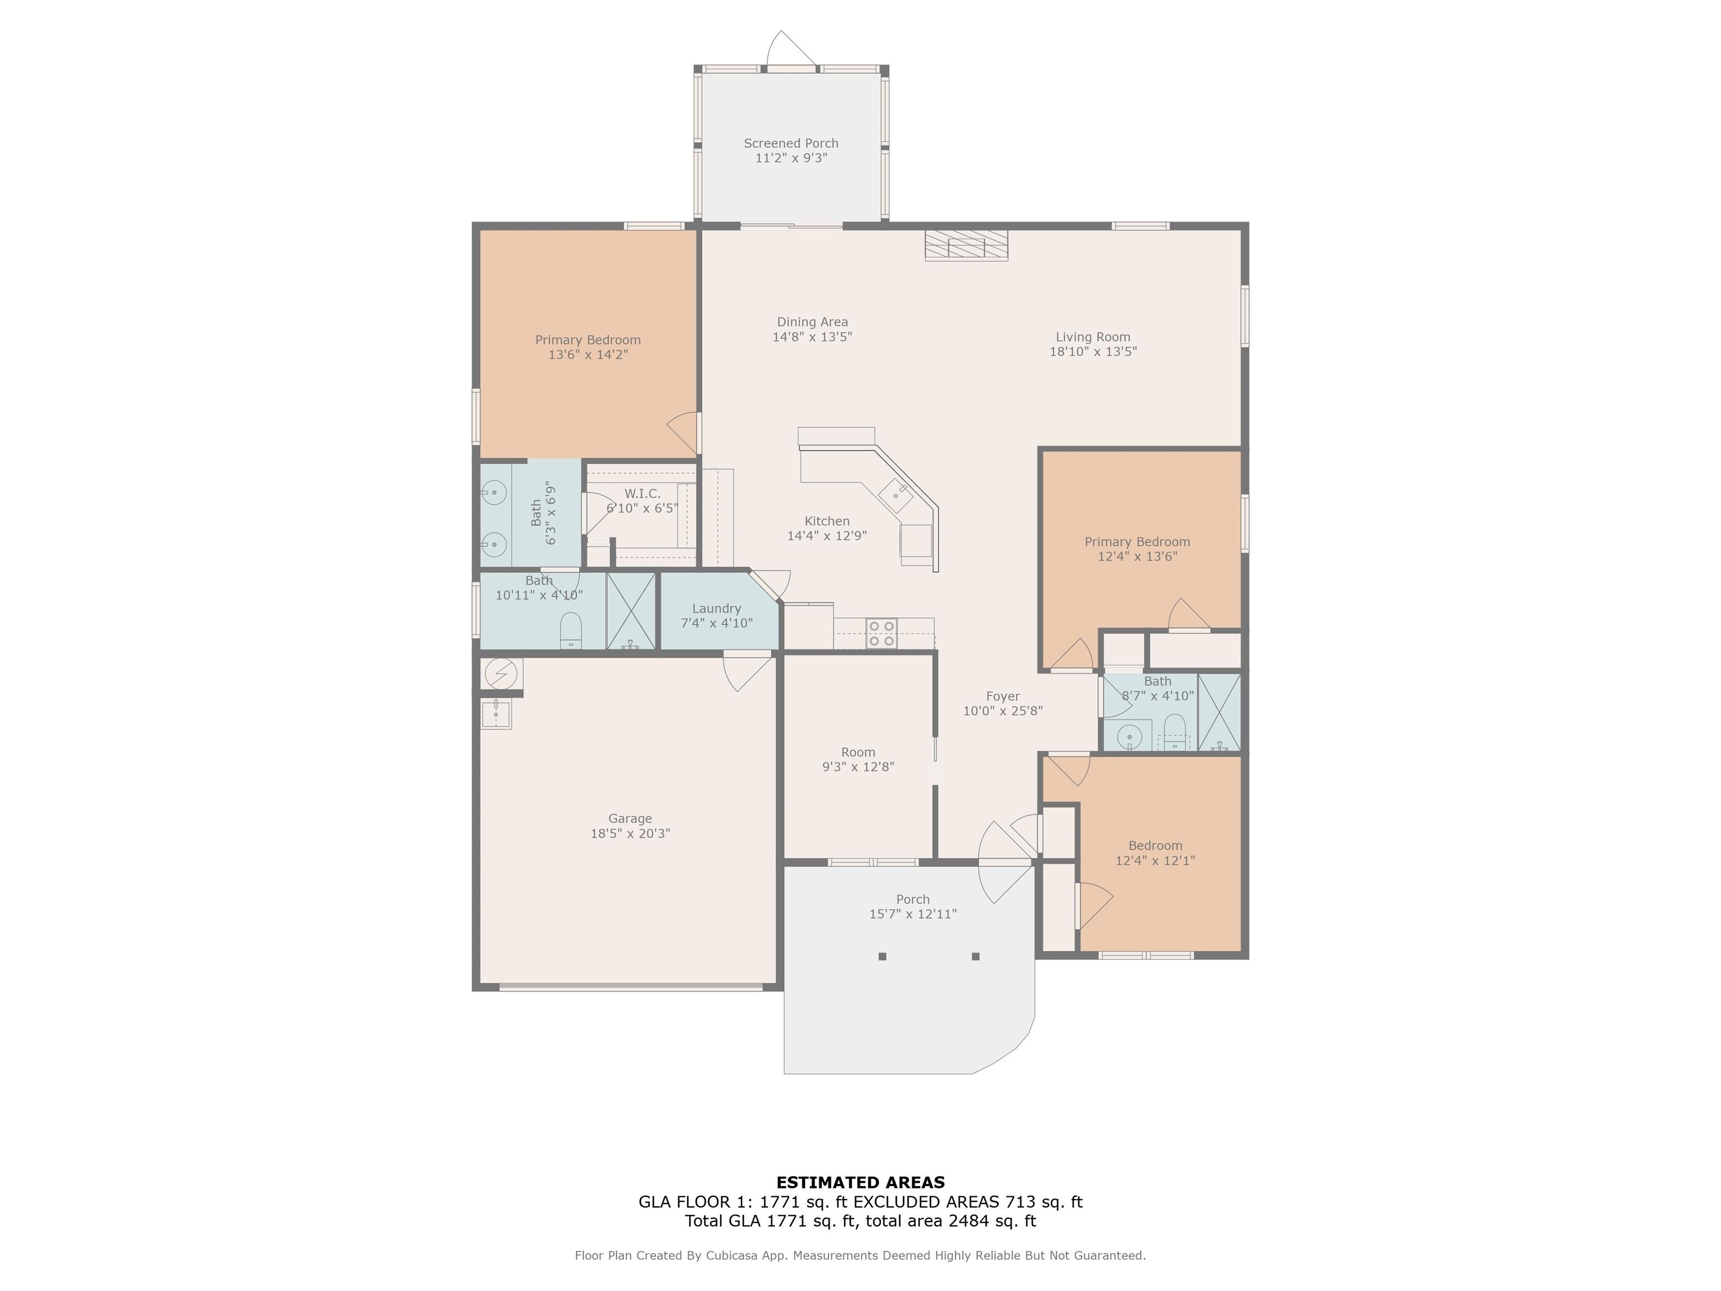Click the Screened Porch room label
tap(790, 143)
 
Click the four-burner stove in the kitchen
tap(881, 633)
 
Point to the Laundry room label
tap(716, 609)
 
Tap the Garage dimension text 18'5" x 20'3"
tap(630, 833)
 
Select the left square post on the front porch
tap(882, 956)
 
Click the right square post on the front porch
tap(976, 956)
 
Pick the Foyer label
tap(1003, 696)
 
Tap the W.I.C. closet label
tap(643, 493)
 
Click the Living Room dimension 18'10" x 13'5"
tap(1093, 351)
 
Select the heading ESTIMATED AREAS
tap(860, 1183)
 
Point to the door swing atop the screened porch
tap(791, 48)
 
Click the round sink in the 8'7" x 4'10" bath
tap(1129, 735)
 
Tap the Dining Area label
tap(812, 322)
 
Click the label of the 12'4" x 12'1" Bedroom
tap(1155, 846)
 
